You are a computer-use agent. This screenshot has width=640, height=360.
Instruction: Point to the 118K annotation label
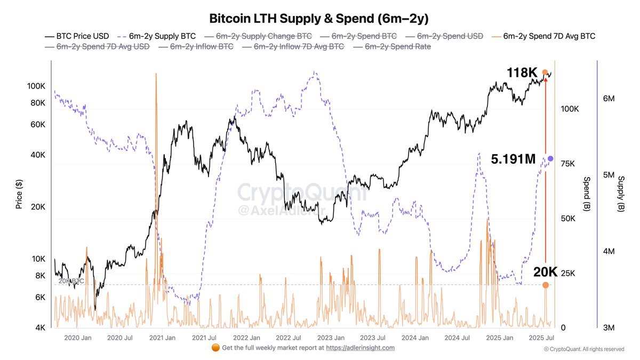(x=522, y=73)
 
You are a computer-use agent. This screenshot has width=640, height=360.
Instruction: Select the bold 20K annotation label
(x=545, y=272)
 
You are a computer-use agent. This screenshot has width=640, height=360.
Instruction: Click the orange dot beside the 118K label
(x=545, y=72)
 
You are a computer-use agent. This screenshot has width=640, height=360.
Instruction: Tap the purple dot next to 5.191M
(x=550, y=159)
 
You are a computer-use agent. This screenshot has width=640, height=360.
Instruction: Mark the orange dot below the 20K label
(x=545, y=285)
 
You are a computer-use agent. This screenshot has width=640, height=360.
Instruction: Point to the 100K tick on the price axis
(x=36, y=86)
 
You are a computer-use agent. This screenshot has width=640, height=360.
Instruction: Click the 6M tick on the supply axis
(x=609, y=99)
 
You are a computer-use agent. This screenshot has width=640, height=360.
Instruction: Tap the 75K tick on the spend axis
(x=567, y=164)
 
